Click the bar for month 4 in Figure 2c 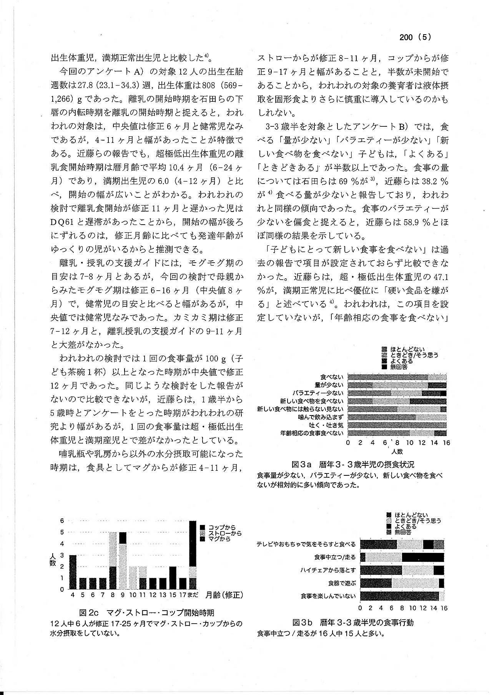point(73,572)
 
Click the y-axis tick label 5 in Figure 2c point(62,532)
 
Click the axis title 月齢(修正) point(224,595)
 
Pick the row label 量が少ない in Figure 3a point(329,385)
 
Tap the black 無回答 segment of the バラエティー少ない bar point(443,393)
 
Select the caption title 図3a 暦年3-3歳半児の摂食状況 point(353,464)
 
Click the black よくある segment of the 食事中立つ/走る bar point(423,557)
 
